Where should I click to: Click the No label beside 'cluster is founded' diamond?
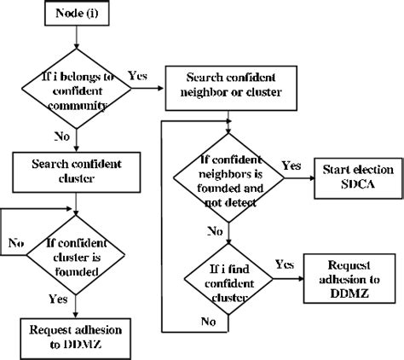[x=15, y=243]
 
